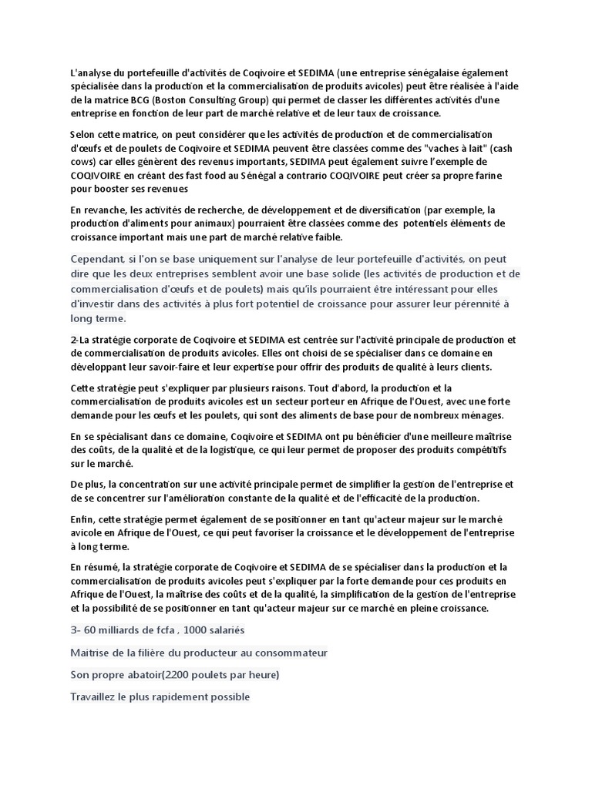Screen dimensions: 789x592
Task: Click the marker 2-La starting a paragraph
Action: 81,340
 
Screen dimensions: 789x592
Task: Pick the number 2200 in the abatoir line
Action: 178,675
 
